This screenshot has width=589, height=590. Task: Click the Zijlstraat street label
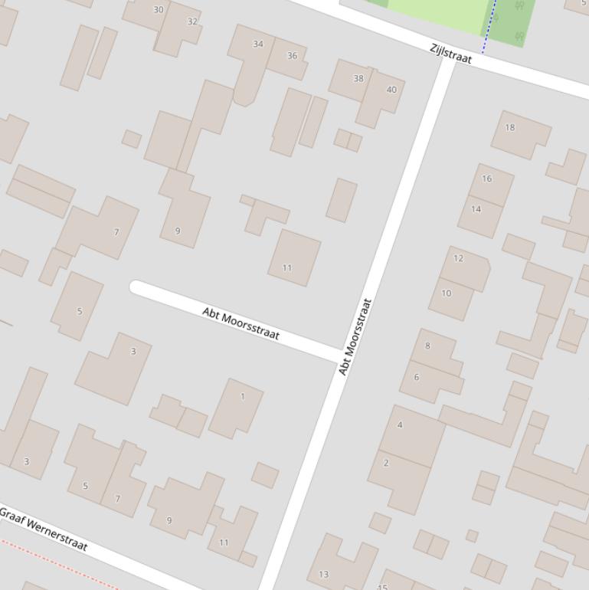[x=450, y=54]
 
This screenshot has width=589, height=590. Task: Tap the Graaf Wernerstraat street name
[x=43, y=529]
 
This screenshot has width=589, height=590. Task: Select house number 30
[x=159, y=10]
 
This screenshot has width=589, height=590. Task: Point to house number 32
[x=192, y=21]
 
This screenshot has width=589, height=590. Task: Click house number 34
[x=258, y=44]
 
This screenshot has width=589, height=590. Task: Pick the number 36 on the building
[x=292, y=56]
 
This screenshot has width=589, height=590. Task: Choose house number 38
[x=358, y=78]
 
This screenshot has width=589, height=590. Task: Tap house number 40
[x=391, y=90]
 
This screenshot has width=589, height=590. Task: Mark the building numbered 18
[x=510, y=128]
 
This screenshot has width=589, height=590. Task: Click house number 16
[x=487, y=179]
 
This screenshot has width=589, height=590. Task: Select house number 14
[x=476, y=209]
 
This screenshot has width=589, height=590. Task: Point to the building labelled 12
[x=458, y=258]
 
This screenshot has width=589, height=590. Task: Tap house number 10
[x=447, y=293]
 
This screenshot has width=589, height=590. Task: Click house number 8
[x=427, y=346]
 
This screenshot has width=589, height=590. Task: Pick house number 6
[x=417, y=377]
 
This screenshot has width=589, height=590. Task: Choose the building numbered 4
[x=400, y=424]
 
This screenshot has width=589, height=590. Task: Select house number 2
[x=386, y=463]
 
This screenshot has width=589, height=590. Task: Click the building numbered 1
[x=243, y=397]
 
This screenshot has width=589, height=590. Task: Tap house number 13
[x=323, y=574]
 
